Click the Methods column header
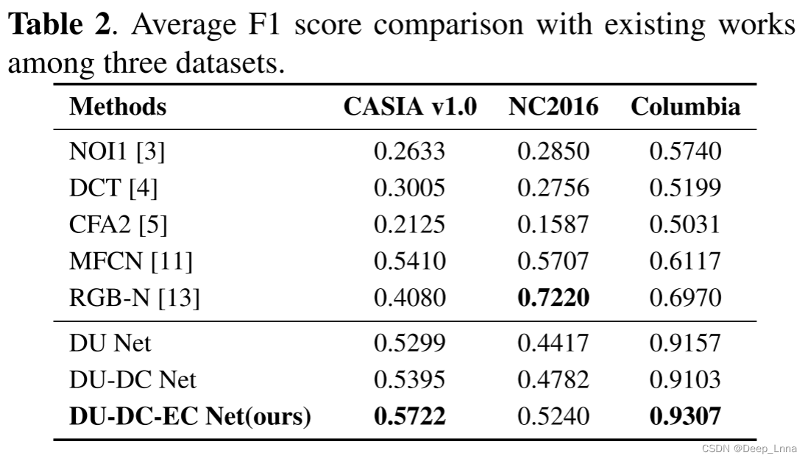pyautogui.click(x=118, y=107)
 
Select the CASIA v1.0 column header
pyautogui.click(x=410, y=107)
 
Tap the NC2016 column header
pyautogui.click(x=553, y=107)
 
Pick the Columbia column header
pyautogui.click(x=685, y=107)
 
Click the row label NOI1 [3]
pyautogui.click(x=117, y=151)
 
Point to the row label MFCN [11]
pyautogui.click(x=130, y=261)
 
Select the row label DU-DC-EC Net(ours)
pyautogui.click(x=190, y=417)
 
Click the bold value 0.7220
pyautogui.click(x=553, y=298)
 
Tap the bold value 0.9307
pyautogui.click(x=685, y=417)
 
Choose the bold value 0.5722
pyautogui.click(x=410, y=417)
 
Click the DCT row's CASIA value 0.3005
pyautogui.click(x=410, y=188)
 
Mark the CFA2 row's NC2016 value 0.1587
pyautogui.click(x=553, y=224)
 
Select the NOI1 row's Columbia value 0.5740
pyautogui.click(x=685, y=151)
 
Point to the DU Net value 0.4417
pyautogui.click(x=553, y=343)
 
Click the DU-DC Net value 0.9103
pyautogui.click(x=685, y=380)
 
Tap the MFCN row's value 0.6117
pyautogui.click(x=685, y=261)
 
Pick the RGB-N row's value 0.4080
pyautogui.click(x=410, y=298)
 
